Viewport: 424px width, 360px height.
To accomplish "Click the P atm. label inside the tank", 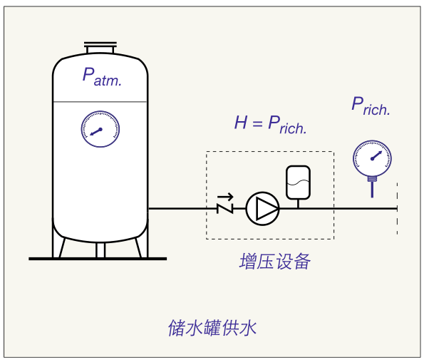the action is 102,77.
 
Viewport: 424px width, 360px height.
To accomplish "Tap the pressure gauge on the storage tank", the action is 100,129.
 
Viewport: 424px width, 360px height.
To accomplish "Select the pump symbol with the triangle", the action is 262,209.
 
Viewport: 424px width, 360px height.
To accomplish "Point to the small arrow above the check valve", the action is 225,197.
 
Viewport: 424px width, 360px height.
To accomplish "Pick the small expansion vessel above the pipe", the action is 298,182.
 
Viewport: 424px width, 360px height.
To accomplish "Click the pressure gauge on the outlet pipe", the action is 372,158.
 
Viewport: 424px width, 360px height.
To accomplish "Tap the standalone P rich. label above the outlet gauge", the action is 371,106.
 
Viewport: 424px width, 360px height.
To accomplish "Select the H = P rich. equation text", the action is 270,125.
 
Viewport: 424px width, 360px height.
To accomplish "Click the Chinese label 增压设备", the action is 275,262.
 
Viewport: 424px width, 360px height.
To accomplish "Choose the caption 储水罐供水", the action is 212,328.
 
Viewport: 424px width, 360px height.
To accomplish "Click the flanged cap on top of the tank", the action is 100,48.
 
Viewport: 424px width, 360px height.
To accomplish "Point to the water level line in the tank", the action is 100,102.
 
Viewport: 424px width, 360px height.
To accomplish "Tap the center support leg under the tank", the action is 100,250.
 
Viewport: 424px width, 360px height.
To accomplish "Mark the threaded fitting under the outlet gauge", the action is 373,179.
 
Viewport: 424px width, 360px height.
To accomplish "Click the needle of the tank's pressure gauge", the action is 96,132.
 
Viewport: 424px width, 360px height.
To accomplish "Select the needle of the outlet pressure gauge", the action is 376,155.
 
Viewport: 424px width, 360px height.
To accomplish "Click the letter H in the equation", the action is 241,122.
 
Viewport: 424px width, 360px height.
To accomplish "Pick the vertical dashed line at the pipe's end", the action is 397,208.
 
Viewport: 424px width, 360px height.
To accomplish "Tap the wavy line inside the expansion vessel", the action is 298,182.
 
